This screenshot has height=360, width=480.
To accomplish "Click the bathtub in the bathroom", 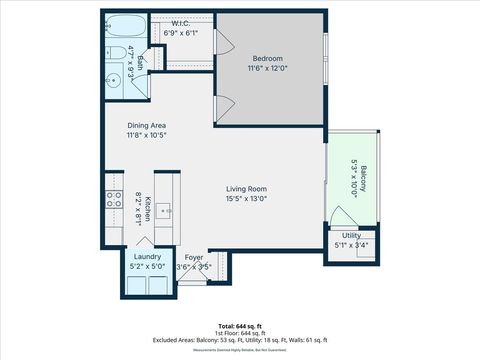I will coord(125,26).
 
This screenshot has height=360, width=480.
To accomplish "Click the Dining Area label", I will coord(146,125).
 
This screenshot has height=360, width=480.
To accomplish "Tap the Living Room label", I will coord(245,188).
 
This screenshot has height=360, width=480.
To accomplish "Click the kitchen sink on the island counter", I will coord(168,212).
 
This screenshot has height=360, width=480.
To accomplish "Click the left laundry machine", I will coord(135,285).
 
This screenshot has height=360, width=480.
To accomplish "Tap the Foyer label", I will coord(193,257).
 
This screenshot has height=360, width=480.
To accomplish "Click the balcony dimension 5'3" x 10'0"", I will coord(355,181).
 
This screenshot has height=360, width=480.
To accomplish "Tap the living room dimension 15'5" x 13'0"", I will coord(245,198).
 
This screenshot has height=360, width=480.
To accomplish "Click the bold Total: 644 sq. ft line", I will coord(240,326).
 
